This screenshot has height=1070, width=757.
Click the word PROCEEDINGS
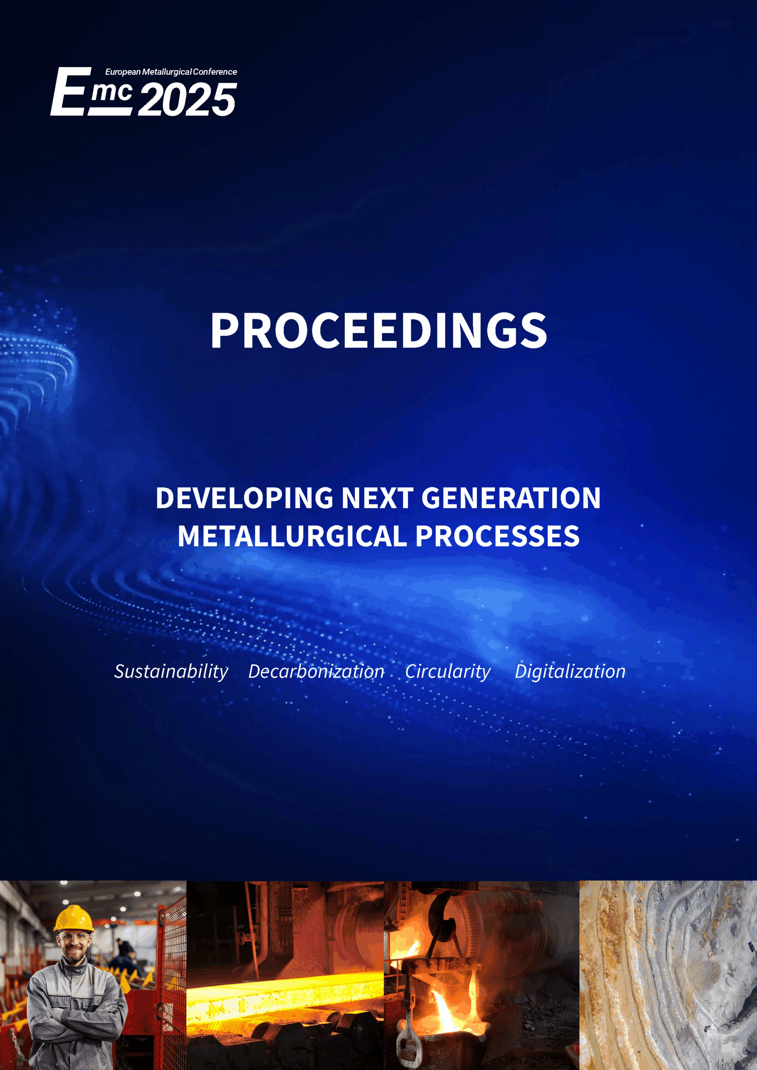coord(379,331)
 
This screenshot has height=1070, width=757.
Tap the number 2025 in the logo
coord(187,99)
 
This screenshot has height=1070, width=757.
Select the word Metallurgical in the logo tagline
coord(166,72)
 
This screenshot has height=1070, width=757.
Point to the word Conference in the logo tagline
coord(215,72)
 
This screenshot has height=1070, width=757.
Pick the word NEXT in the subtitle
coord(377,498)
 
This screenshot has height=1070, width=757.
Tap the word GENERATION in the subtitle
coord(511,498)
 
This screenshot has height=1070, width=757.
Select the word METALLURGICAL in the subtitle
coord(292,536)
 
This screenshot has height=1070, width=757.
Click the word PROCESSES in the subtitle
coord(497,536)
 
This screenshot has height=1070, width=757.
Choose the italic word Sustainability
coord(171,672)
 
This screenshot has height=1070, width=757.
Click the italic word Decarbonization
coord(316,671)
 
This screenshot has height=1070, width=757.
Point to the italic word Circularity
coord(448,672)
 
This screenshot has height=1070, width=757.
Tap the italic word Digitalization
coord(570,672)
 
